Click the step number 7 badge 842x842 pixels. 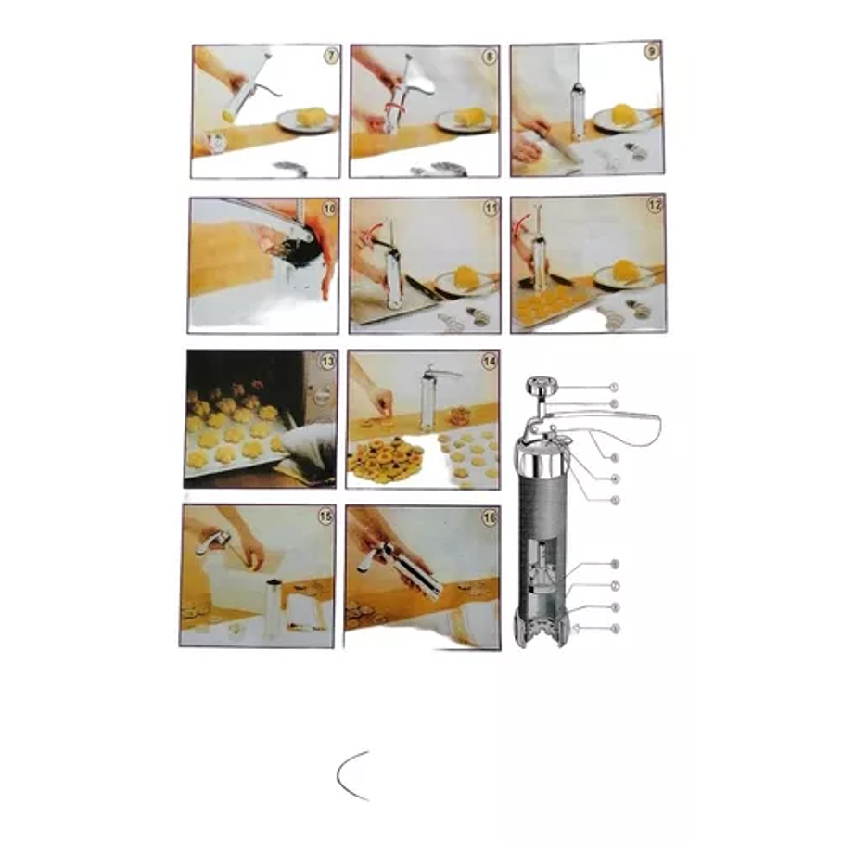pyautogui.click(x=331, y=56)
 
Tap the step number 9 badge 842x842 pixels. pyautogui.click(x=652, y=52)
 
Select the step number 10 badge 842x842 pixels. pyautogui.click(x=328, y=209)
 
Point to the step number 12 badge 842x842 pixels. pyautogui.click(x=655, y=206)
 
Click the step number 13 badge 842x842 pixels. pyautogui.click(x=326, y=363)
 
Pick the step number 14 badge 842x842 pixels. pyautogui.click(x=489, y=362)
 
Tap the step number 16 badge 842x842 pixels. pyautogui.click(x=488, y=517)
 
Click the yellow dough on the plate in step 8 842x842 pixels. pyautogui.click(x=471, y=116)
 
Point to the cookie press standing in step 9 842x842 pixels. pyautogui.click(x=579, y=111)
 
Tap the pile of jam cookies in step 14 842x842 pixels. pyautogui.click(x=384, y=458)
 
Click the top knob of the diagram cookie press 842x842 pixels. pyautogui.click(x=540, y=386)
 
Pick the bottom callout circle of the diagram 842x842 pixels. pyautogui.click(x=615, y=630)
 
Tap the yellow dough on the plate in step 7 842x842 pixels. pyautogui.click(x=312, y=117)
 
